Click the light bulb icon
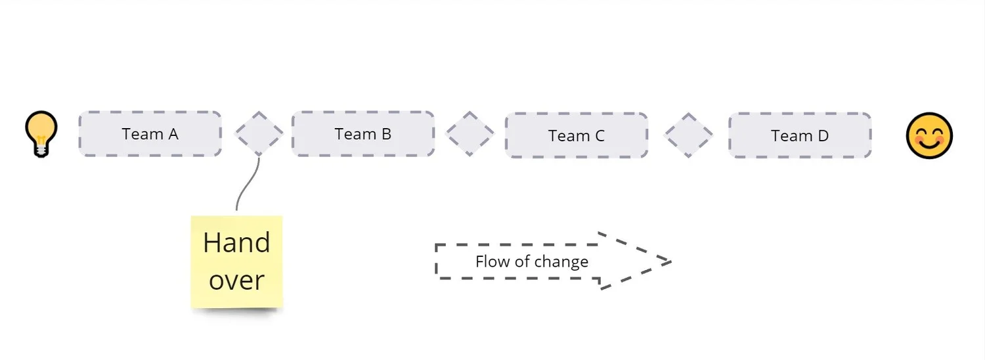pyautogui.click(x=41, y=133)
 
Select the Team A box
pyautogui.click(x=150, y=134)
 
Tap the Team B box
pyautogui.click(x=362, y=134)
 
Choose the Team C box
pyautogui.click(x=576, y=136)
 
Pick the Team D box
pyautogui.click(x=799, y=136)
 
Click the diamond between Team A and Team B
pyautogui.click(x=259, y=134)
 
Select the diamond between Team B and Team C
pyautogui.click(x=470, y=134)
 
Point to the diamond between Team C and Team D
pyautogui.click(x=688, y=135)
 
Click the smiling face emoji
pyautogui.click(x=929, y=136)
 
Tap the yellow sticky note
pyautogui.click(x=236, y=261)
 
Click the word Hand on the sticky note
pyautogui.click(x=236, y=243)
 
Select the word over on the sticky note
pyautogui.click(x=236, y=281)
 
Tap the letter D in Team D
pyautogui.click(x=822, y=136)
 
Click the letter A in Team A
pyautogui.click(x=173, y=134)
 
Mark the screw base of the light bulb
pyautogui.click(x=41, y=150)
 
